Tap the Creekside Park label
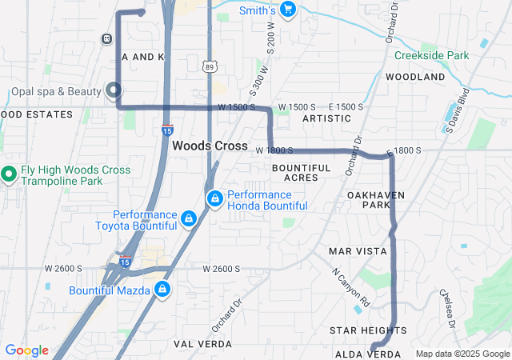click(x=431, y=56)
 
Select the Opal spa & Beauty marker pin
click(x=114, y=90)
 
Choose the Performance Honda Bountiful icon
click(x=214, y=198)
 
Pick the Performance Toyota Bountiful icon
click(x=189, y=218)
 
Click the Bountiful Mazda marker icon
click(x=162, y=289)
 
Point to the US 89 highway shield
click(x=210, y=66)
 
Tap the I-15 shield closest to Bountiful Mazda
click(x=125, y=262)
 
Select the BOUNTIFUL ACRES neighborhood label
click(x=301, y=172)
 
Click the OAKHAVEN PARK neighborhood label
click(x=376, y=200)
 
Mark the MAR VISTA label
click(x=358, y=251)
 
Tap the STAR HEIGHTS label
click(x=368, y=330)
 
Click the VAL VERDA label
click(x=203, y=344)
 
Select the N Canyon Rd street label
click(x=351, y=286)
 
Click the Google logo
click(x=26, y=350)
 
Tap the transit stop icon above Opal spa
click(x=106, y=38)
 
